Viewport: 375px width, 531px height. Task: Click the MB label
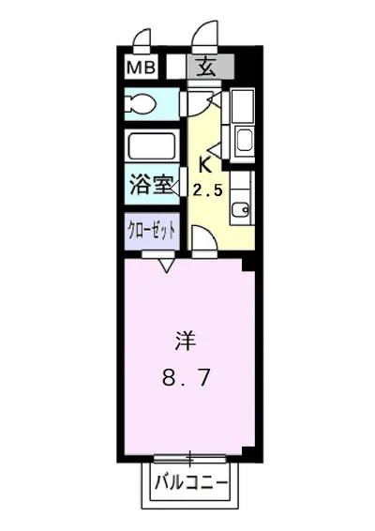tap(141, 67)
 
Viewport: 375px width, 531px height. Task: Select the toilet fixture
tap(142, 103)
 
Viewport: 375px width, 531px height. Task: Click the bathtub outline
tap(152, 147)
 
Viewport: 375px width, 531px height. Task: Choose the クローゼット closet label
tap(151, 231)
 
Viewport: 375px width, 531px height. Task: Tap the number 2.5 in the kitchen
tap(209, 190)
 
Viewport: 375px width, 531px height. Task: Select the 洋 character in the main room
tap(184, 340)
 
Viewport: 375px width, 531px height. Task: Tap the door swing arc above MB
tap(140, 40)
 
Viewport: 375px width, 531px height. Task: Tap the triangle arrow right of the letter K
tap(217, 148)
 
